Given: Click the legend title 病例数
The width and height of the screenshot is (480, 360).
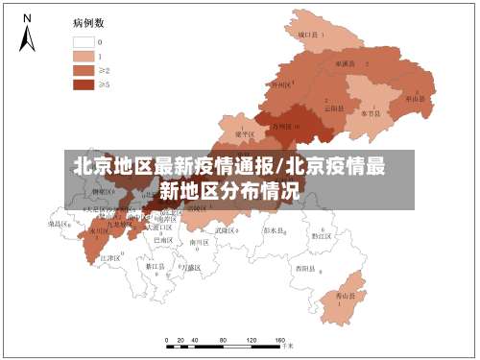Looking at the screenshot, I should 87,20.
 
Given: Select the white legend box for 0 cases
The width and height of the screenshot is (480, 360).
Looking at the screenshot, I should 84,42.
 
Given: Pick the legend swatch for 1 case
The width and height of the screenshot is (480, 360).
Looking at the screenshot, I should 84,56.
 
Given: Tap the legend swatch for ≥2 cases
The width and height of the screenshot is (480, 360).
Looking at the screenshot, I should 84,70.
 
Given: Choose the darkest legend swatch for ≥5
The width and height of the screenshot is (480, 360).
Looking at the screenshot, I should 84,84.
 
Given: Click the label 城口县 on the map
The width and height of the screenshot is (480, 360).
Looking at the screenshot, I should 308,35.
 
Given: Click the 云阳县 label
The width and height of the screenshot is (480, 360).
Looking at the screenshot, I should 333,108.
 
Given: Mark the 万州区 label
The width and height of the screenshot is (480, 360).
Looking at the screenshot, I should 285,126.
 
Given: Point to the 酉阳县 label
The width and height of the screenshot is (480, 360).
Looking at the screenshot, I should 306,268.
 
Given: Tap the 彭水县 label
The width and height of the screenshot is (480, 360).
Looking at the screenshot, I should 276,230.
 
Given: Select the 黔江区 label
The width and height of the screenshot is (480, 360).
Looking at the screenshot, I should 322,234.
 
